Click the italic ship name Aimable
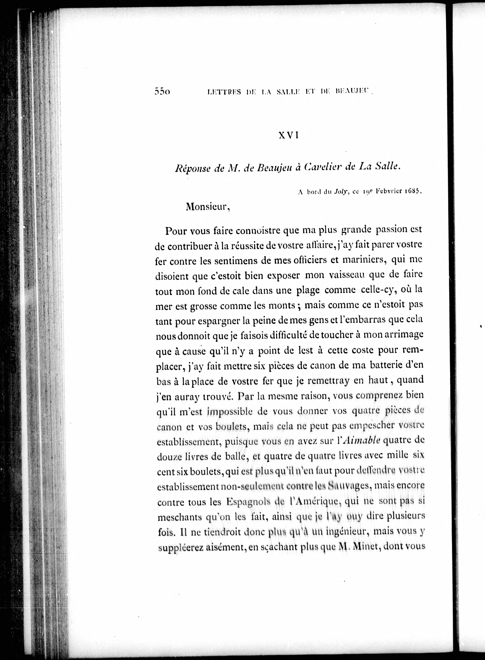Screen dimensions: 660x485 (361, 441)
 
